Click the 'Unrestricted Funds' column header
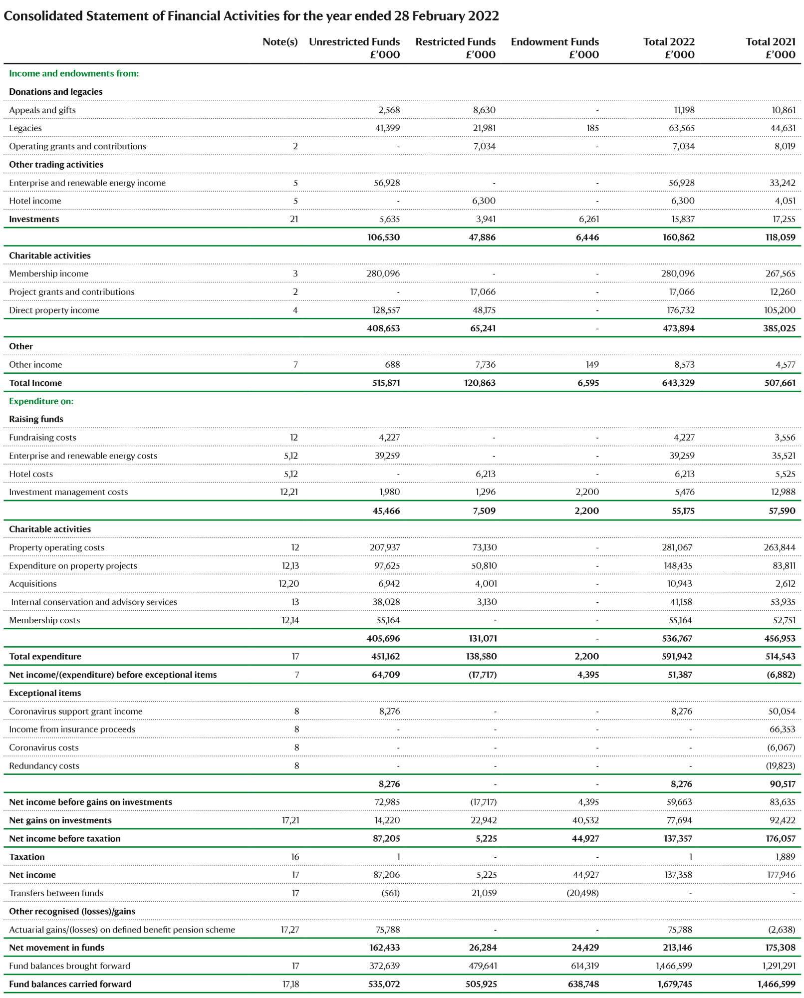click(x=354, y=42)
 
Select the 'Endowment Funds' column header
click(x=554, y=42)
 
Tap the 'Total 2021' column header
click(x=771, y=42)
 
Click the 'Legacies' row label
click(x=25, y=128)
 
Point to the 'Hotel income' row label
click(x=35, y=201)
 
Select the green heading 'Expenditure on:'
click(x=41, y=401)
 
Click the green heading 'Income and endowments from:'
click(x=74, y=73)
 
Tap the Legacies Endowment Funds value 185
click(x=592, y=128)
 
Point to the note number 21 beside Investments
click(x=294, y=219)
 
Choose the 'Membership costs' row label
click(x=44, y=620)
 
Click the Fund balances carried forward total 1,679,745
click(x=674, y=984)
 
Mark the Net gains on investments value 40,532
click(x=585, y=820)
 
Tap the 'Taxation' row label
click(x=27, y=857)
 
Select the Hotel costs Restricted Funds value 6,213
click(x=486, y=474)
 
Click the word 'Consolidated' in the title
click(x=43, y=16)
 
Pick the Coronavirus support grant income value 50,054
click(x=782, y=711)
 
